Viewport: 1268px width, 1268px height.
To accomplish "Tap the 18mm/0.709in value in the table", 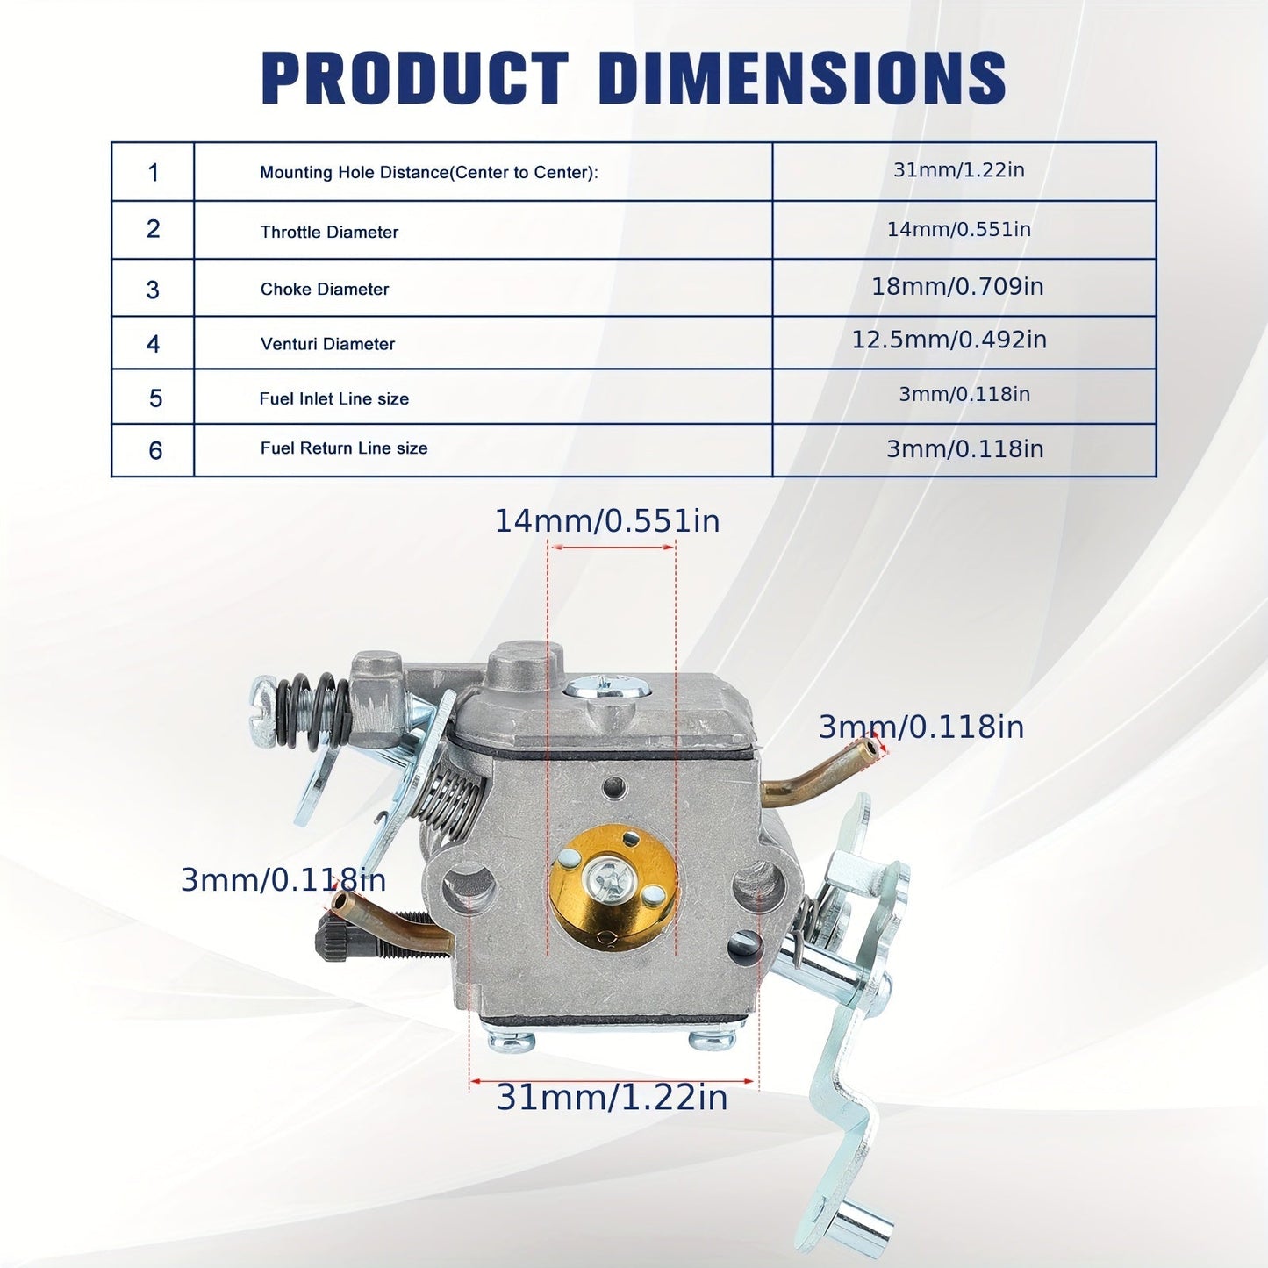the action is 957,287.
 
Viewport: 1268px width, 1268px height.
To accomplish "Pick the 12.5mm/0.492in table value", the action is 949,340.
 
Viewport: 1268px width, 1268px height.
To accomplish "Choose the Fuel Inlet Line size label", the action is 334,398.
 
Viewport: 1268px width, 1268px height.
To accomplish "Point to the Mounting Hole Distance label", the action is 429,172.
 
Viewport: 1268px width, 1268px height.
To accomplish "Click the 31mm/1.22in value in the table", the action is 959,170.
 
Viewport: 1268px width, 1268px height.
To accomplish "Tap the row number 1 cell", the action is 154,172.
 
